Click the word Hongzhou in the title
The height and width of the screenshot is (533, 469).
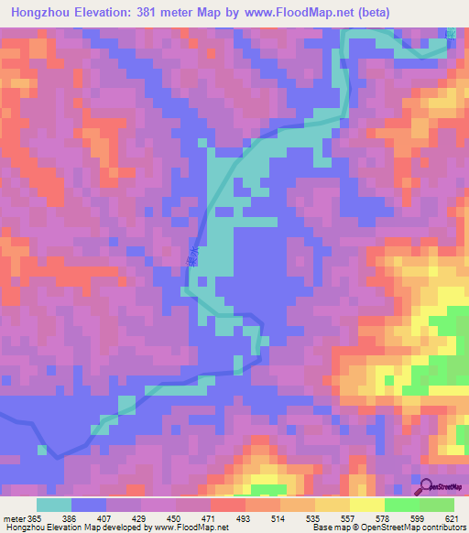tap(47, 13)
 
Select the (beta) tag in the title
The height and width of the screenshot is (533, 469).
tap(386, 13)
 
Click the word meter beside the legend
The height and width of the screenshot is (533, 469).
tap(14, 517)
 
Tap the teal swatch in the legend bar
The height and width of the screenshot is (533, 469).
tap(54, 505)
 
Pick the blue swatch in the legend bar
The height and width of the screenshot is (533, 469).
tap(89, 505)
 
